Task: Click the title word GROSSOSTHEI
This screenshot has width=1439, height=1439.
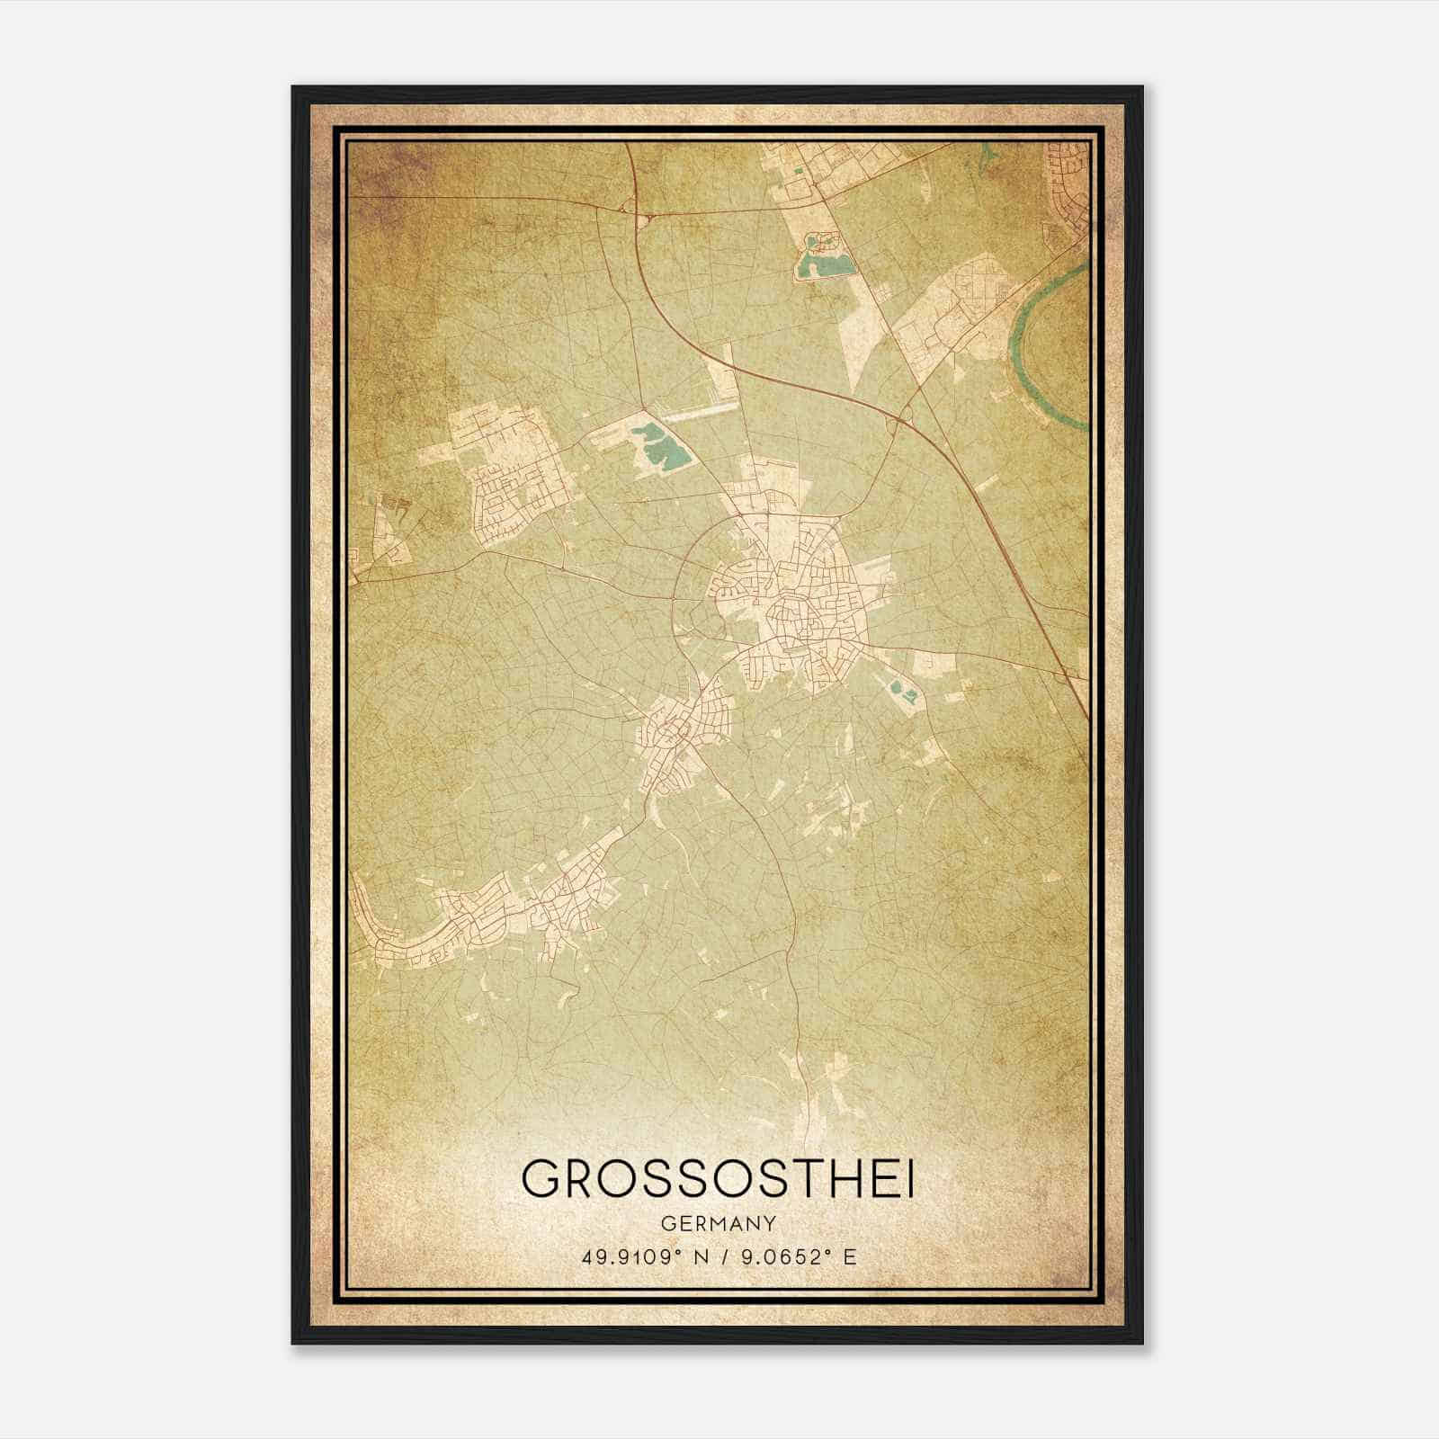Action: point(718,1180)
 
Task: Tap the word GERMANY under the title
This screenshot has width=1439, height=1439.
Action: point(718,1223)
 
